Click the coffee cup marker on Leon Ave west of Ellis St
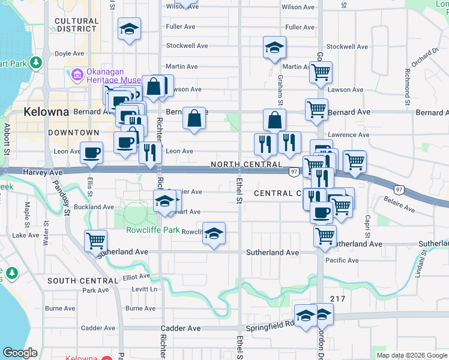tap(91, 153)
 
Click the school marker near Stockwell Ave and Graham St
tap(274, 48)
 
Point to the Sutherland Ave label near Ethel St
tap(273, 253)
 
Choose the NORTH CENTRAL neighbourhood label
tap(246, 164)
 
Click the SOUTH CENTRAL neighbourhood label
tap(82, 281)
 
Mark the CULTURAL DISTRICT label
tap(76, 25)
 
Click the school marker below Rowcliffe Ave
tap(214, 235)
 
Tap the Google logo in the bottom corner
tap(19, 353)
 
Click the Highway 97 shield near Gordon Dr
tap(294, 172)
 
